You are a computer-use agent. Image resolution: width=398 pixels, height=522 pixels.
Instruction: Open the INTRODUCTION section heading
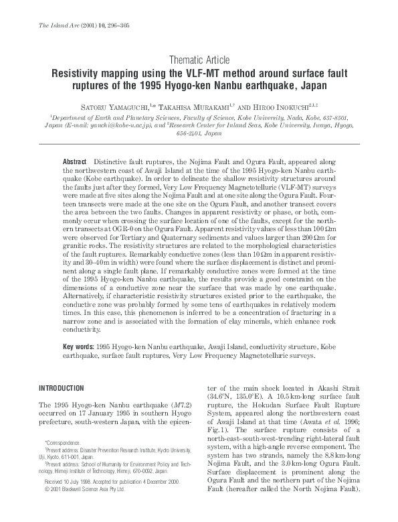(x=62, y=388)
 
